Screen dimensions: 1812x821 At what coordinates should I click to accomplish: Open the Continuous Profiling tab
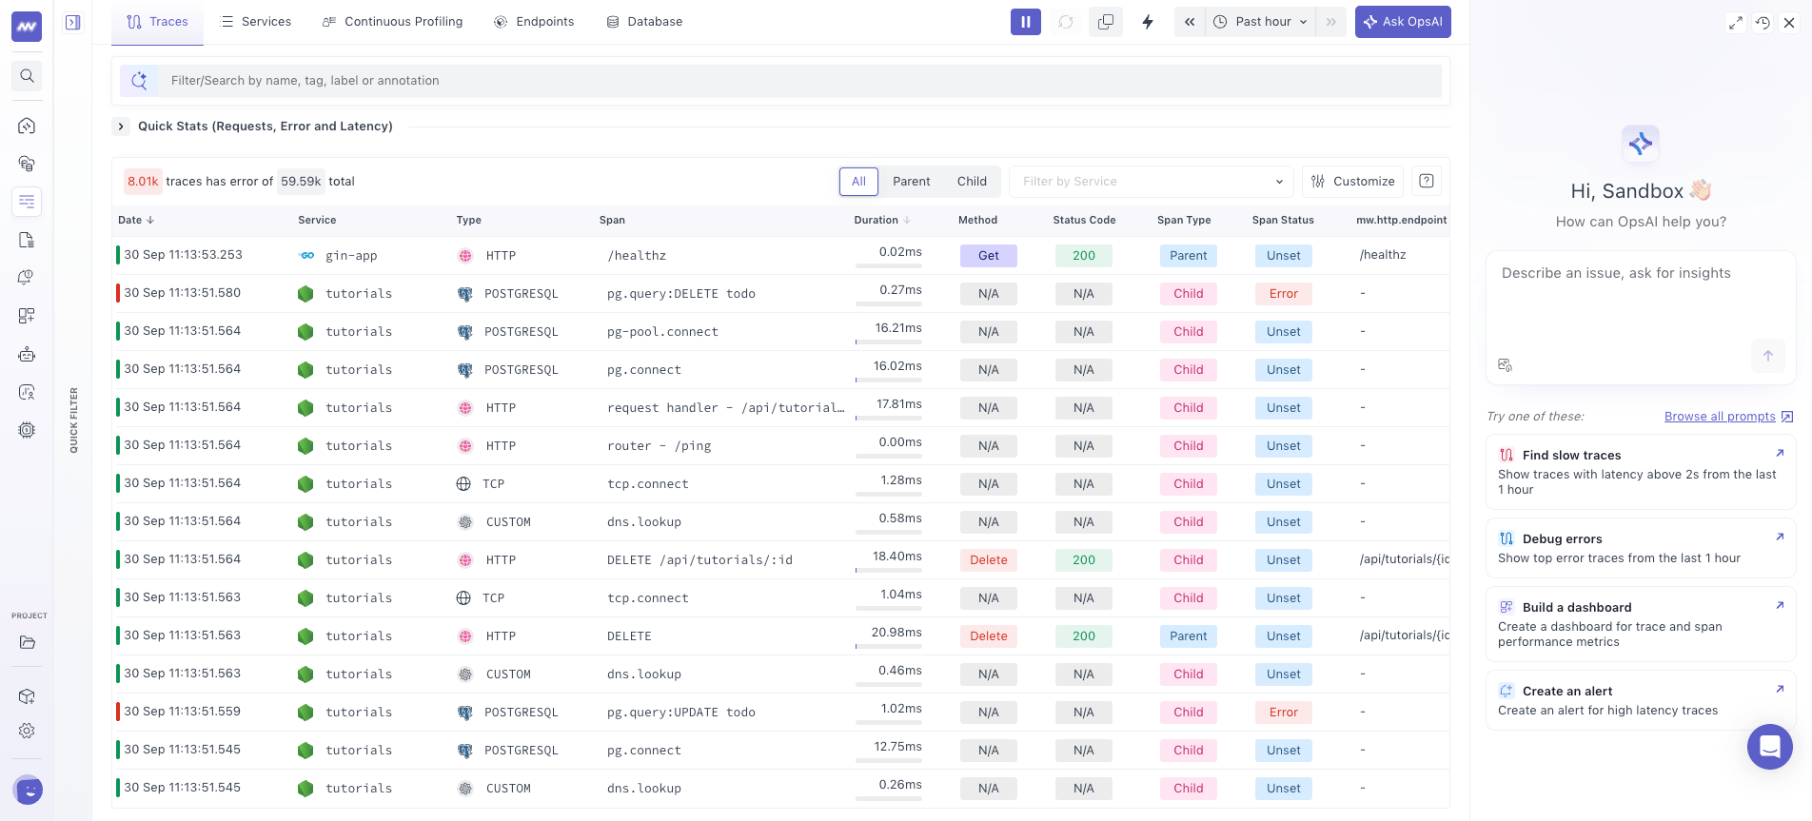(x=392, y=22)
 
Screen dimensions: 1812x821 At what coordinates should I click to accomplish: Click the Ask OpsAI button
(x=1403, y=22)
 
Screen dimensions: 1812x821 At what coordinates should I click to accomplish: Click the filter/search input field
(x=799, y=81)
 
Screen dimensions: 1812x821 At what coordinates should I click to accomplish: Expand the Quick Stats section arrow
(x=121, y=127)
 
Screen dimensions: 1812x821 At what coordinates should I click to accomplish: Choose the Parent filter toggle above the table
(x=911, y=182)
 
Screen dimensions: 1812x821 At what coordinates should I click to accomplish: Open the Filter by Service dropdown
(x=1152, y=182)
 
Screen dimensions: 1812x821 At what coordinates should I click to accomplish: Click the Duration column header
(x=876, y=220)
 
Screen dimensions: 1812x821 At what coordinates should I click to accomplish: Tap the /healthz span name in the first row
(x=637, y=256)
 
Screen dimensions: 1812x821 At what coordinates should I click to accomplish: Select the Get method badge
(x=989, y=256)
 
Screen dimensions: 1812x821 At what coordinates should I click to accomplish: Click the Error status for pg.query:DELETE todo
(x=1283, y=294)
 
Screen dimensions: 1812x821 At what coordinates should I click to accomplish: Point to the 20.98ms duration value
(x=896, y=633)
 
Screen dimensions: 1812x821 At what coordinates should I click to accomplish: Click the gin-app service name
(x=351, y=256)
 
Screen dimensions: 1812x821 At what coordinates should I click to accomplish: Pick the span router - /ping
(x=659, y=446)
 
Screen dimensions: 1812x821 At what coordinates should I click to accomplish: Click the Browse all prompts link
(x=1720, y=417)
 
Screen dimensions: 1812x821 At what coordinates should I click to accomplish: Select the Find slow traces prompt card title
(x=1571, y=456)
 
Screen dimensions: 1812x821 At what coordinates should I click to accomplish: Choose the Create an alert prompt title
(x=1567, y=692)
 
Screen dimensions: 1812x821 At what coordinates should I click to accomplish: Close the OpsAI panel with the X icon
(x=1789, y=23)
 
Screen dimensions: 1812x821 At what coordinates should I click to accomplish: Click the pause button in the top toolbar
(x=1025, y=22)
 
